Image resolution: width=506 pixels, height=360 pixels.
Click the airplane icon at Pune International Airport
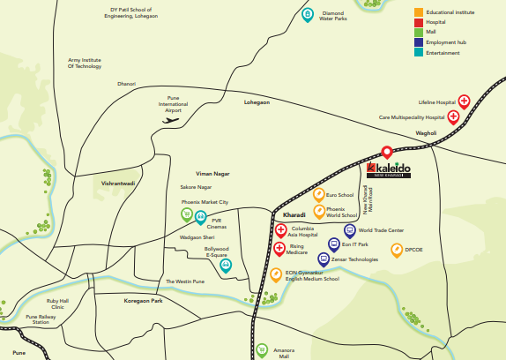[x=171, y=121]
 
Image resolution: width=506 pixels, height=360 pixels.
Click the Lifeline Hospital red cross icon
[x=464, y=102]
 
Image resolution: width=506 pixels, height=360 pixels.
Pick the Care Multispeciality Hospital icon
[x=454, y=116]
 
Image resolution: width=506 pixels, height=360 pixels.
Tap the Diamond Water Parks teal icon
[x=308, y=15]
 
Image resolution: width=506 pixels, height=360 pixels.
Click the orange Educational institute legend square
[x=419, y=12]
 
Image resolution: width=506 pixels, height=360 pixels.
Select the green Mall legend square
[x=419, y=32]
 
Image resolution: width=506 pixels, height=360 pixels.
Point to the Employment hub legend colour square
[x=419, y=41]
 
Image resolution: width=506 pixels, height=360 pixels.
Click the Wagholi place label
[x=427, y=133]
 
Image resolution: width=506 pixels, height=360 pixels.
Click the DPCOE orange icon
[x=397, y=250]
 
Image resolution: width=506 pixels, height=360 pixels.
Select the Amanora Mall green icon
[x=261, y=349]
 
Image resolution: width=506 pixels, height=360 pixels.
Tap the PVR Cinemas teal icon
[x=201, y=217]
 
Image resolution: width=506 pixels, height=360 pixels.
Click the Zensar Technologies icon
[x=324, y=259]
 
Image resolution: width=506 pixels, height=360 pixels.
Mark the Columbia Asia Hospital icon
[x=281, y=231]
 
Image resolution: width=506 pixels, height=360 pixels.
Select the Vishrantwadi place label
[x=117, y=184]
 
